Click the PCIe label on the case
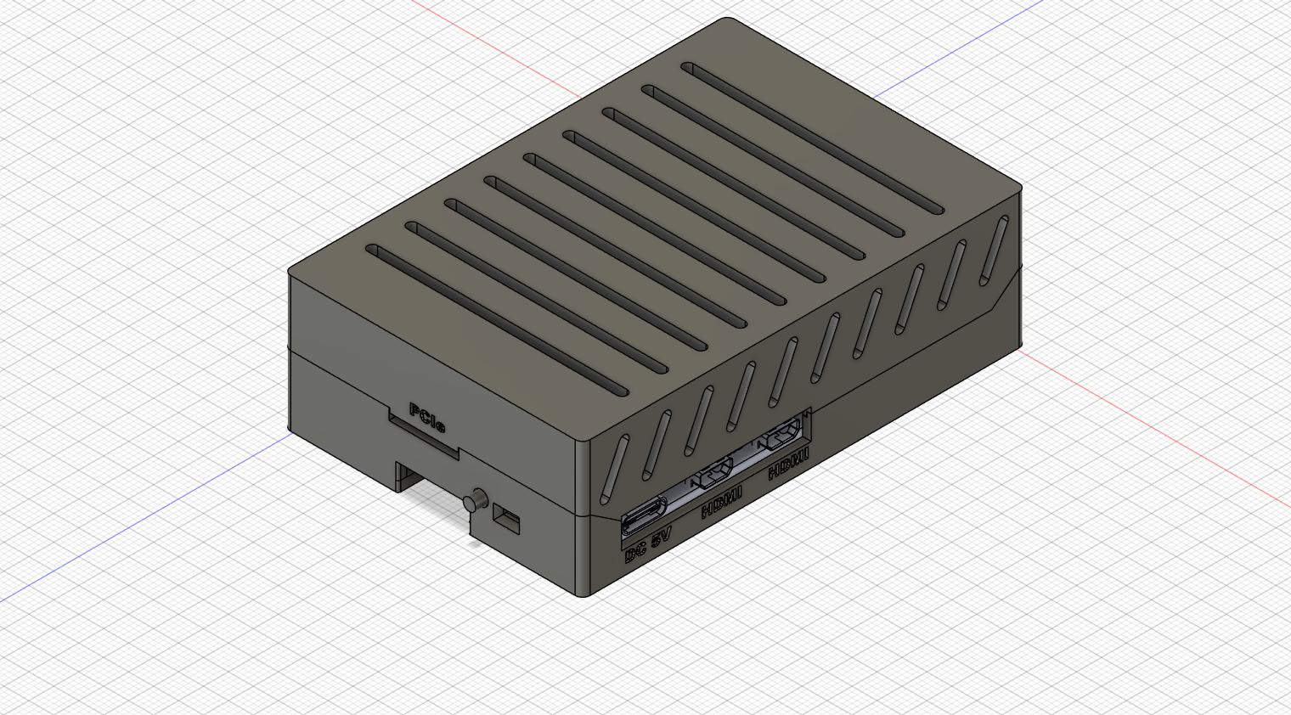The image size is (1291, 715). (x=427, y=418)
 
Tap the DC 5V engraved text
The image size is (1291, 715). (x=648, y=545)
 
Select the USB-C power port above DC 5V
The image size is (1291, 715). (x=643, y=518)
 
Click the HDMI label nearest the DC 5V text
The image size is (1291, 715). (x=721, y=501)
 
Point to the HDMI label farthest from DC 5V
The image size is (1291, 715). (x=788, y=464)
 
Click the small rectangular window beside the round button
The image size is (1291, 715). (x=506, y=519)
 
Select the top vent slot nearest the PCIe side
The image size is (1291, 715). (x=497, y=321)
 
